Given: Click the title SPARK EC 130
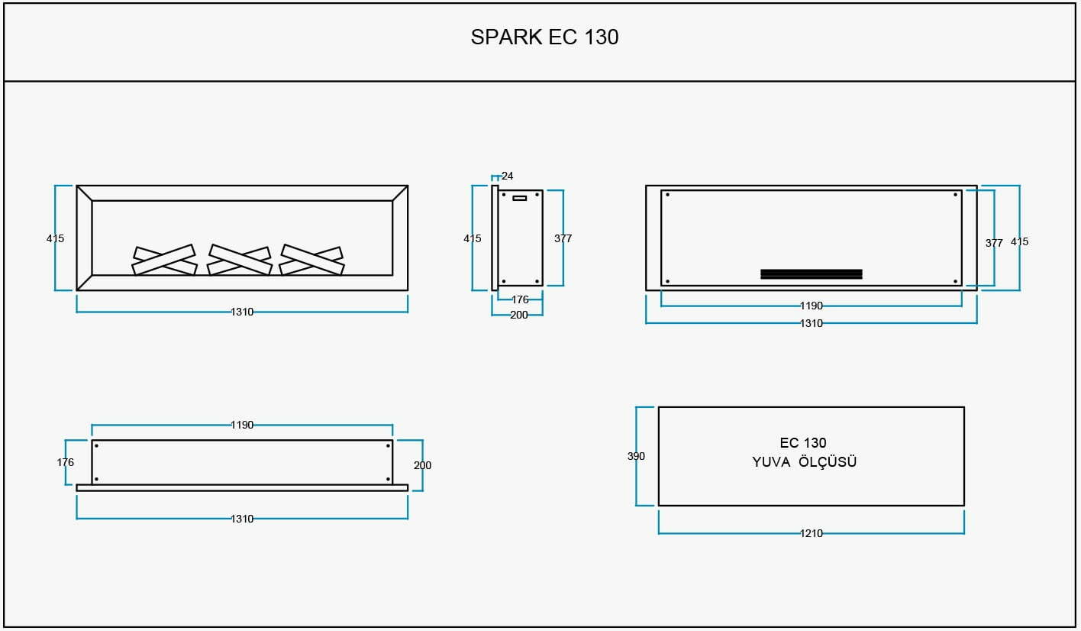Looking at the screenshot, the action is pos(544,37).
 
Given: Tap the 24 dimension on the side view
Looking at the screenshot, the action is pos(507,176).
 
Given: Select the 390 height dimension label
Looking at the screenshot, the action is pos(636,456).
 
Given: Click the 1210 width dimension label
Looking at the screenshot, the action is pos(812,533).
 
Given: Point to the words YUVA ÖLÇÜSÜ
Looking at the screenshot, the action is pos(805,462).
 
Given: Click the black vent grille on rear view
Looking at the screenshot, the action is pos(812,274).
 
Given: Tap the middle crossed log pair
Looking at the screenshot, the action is pos(240,260).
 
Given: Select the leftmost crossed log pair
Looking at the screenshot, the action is pos(165,260).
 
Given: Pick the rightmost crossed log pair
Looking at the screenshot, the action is pos(311,260).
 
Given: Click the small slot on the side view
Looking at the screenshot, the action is pos(520,198).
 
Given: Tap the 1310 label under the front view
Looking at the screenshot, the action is pos(242,312).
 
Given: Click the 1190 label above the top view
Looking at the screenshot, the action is pos(242,425).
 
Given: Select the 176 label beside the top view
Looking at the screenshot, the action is pos(65,462).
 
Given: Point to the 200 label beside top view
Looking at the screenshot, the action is pos(422,465).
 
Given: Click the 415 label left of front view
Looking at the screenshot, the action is pos(55,238).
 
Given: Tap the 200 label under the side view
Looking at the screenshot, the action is pos(519,315).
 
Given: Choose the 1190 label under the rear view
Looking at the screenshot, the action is pos(812,306).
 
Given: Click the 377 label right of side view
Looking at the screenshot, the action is pos(563,238).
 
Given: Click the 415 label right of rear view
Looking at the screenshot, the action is pos(1019,241).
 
